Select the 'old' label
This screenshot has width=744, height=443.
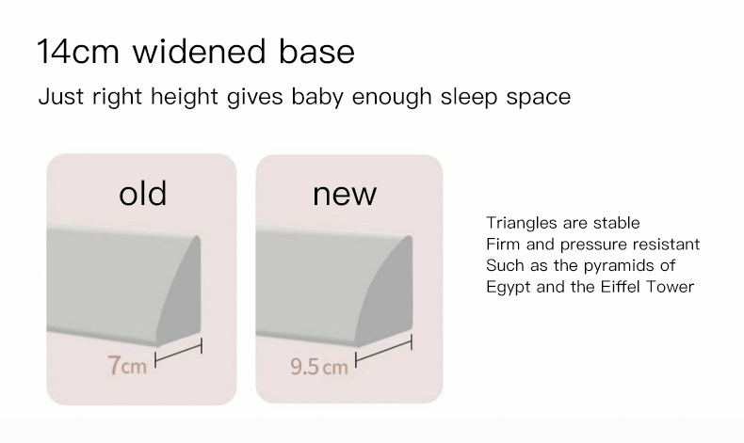tap(142, 194)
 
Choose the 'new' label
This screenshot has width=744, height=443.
tap(344, 194)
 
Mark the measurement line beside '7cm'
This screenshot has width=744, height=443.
tap(179, 355)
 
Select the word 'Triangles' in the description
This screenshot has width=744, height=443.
tap(521, 223)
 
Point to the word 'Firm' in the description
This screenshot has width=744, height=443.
tap(503, 245)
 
